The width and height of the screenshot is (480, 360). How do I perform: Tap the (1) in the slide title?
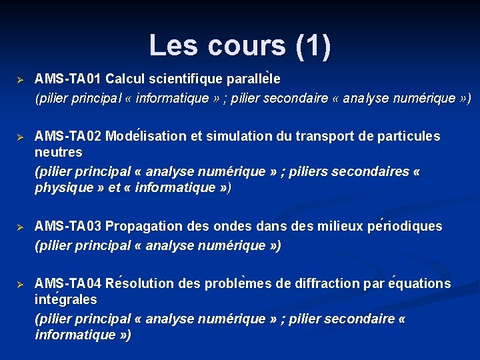point(311,45)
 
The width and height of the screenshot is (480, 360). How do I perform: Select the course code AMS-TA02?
point(69,137)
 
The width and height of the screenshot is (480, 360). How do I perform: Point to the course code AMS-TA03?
point(69,227)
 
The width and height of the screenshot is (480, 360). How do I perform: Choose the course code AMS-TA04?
point(69,284)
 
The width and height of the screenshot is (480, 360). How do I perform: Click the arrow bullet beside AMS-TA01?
point(20,79)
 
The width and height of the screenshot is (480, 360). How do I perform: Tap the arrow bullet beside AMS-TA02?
point(20,137)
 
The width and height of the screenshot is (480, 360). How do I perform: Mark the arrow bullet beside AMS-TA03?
point(20,227)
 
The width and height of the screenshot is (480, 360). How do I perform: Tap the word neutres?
point(59,153)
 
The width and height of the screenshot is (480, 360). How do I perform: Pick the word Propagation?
point(143,227)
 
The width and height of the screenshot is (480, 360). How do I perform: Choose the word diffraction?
point(327,284)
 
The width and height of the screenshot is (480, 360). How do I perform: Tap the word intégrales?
point(65,300)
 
